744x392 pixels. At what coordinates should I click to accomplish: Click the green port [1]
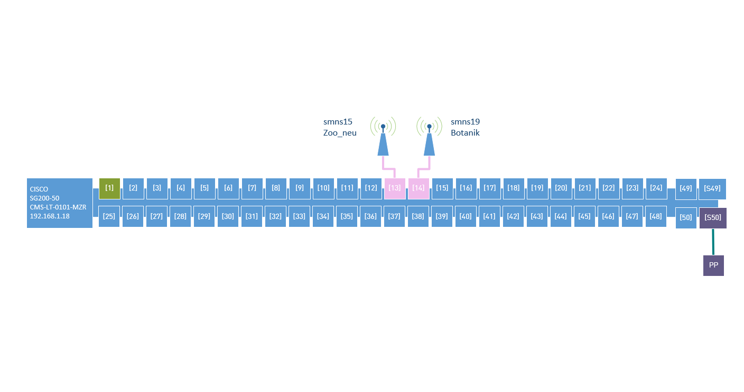click(109, 188)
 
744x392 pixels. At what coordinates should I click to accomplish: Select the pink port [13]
click(395, 188)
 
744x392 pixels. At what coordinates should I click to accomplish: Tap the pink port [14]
click(418, 188)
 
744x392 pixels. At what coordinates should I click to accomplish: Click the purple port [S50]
click(713, 217)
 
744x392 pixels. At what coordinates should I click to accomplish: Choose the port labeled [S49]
click(712, 189)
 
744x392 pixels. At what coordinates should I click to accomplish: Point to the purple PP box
click(713, 265)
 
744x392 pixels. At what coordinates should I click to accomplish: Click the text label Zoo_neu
click(340, 133)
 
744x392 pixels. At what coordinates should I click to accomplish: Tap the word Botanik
click(465, 133)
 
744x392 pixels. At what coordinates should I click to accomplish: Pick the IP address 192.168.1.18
click(50, 216)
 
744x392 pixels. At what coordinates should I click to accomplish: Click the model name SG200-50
click(44, 198)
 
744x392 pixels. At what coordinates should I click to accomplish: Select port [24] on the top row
click(656, 188)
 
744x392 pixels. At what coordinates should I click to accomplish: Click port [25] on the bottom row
click(109, 216)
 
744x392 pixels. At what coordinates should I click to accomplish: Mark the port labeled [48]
click(656, 216)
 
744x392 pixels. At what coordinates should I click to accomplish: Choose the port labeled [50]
click(686, 217)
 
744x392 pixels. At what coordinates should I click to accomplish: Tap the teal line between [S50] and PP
click(713, 242)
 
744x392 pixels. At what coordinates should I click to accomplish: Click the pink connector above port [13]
click(389, 169)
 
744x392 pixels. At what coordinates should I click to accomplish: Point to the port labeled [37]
click(394, 216)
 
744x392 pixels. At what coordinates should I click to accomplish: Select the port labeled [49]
click(686, 189)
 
